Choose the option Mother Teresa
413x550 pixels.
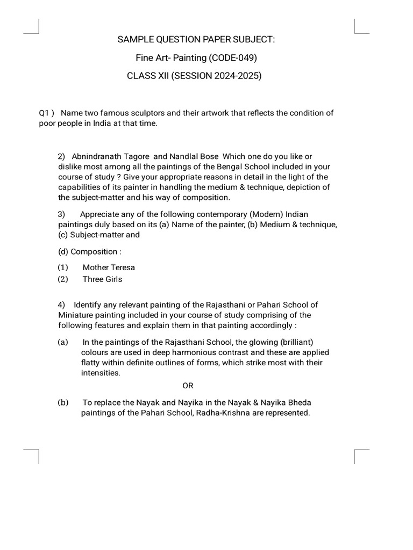109,267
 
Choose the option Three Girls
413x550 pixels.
102,279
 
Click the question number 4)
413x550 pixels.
62,305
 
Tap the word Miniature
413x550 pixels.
77,315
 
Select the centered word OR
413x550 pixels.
188,386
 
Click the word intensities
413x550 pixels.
101,373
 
